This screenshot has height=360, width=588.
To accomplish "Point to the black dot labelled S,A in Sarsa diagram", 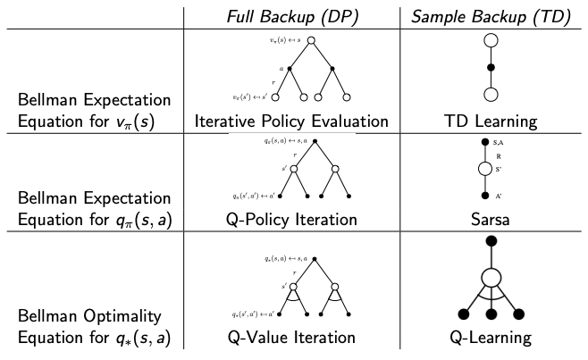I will [x=485, y=142].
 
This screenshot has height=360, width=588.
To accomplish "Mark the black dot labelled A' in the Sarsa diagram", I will [x=485, y=195].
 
